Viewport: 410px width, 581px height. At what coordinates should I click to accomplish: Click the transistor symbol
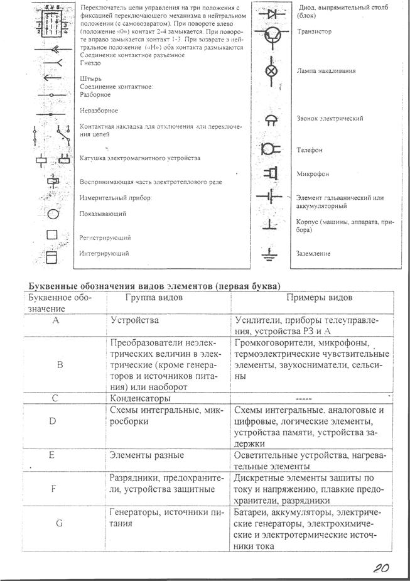[271, 36]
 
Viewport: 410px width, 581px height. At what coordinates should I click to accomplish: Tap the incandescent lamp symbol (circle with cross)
[271, 71]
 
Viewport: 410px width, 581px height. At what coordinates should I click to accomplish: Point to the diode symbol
[271, 12]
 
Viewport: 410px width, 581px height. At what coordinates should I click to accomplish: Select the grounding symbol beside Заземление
[270, 254]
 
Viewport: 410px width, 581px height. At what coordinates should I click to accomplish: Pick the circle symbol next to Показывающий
[53, 214]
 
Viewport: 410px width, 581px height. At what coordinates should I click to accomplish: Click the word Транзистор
[314, 31]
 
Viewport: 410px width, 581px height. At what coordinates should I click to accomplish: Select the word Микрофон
[313, 174]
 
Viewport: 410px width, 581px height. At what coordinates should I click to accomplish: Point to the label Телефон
[310, 151]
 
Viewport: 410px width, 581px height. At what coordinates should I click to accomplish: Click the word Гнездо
[91, 63]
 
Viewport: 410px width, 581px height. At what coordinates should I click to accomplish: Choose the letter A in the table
[56, 320]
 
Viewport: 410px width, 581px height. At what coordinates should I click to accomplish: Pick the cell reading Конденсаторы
[139, 398]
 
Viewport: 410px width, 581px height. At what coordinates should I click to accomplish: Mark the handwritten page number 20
[380, 568]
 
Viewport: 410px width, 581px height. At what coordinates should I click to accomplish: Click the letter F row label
[56, 487]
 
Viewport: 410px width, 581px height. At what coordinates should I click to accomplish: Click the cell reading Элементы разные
[147, 455]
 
